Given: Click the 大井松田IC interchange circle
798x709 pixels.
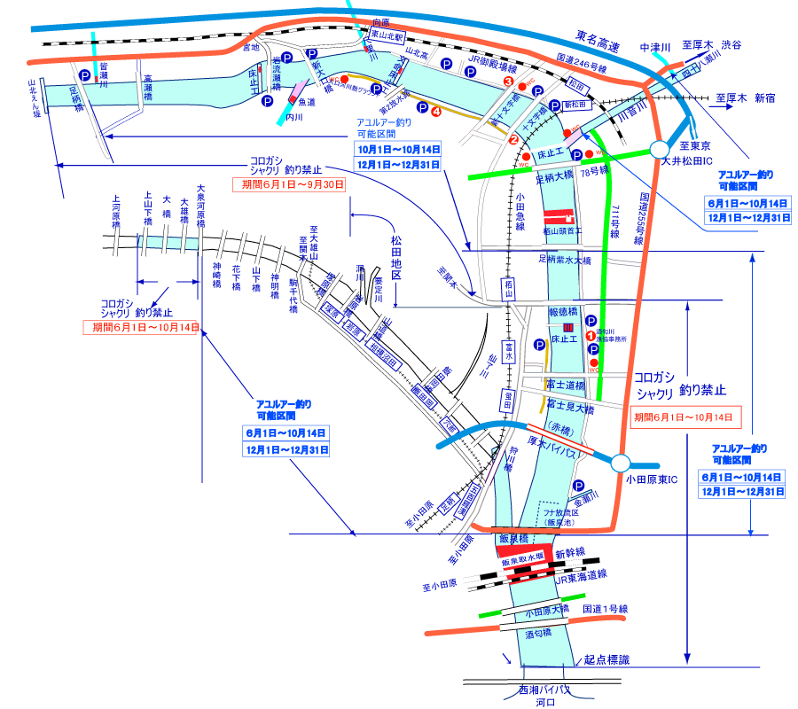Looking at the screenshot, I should pyautogui.click(x=659, y=149).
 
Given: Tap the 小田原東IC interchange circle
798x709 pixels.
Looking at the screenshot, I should pyautogui.click(x=620, y=462).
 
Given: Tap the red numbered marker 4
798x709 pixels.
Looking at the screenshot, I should pyautogui.click(x=435, y=112).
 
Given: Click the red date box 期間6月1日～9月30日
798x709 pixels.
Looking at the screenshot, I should pyautogui.click(x=288, y=184).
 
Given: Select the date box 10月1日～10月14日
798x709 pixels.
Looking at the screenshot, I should pyautogui.click(x=397, y=149).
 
